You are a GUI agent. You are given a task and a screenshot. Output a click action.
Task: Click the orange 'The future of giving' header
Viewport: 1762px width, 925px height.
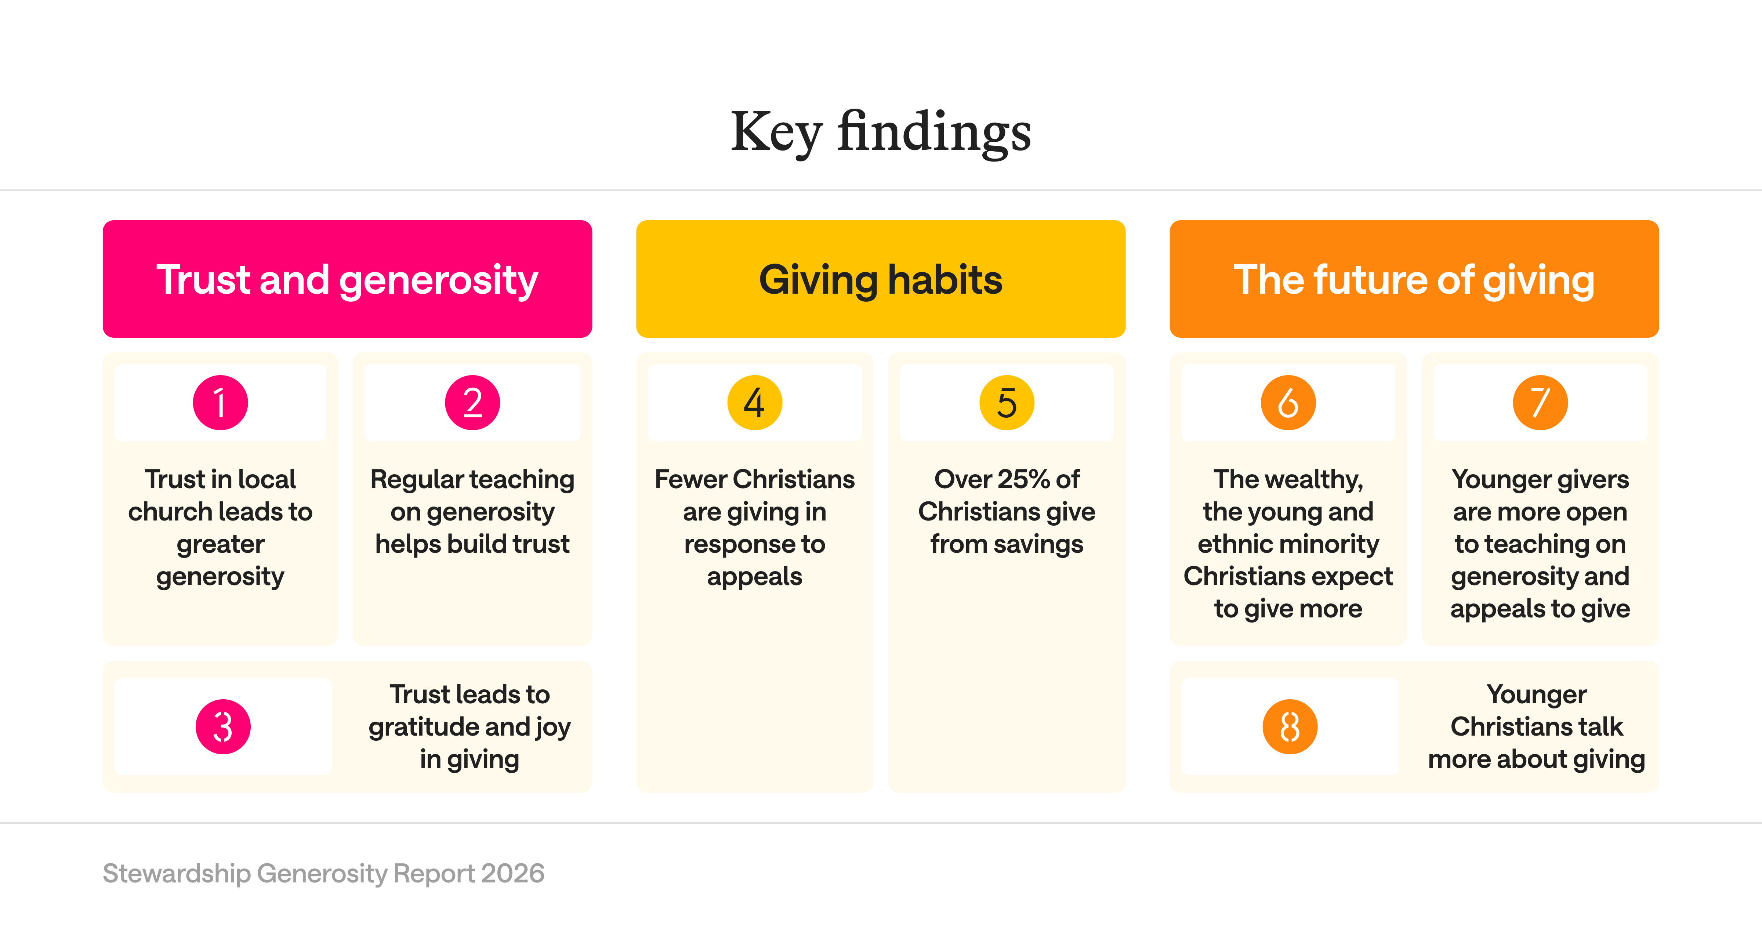click(1414, 279)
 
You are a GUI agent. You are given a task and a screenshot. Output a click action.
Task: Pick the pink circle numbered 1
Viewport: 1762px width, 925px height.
click(220, 402)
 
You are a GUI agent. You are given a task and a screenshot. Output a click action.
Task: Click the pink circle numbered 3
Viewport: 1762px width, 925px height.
click(223, 726)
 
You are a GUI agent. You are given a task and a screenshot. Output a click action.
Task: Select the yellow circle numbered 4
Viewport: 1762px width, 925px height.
click(754, 402)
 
